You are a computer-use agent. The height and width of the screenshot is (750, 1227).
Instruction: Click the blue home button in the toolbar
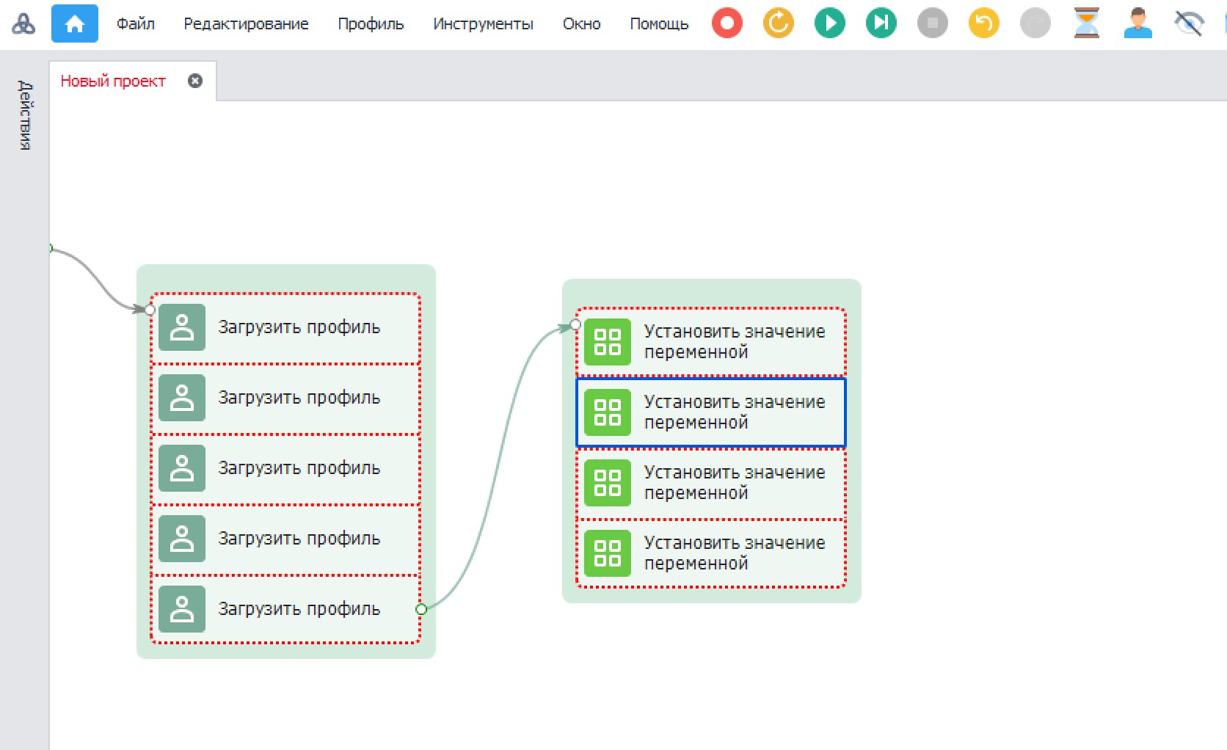(75, 23)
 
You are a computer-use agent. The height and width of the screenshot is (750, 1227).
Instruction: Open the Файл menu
(135, 24)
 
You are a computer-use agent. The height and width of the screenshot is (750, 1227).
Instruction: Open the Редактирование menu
(246, 24)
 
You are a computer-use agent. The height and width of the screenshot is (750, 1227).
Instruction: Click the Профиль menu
(371, 24)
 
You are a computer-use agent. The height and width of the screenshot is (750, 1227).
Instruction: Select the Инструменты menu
(483, 24)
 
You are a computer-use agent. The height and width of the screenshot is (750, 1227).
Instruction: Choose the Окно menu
(581, 24)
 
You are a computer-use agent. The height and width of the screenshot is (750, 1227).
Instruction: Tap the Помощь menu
(659, 24)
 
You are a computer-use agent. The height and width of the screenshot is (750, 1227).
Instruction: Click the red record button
(727, 23)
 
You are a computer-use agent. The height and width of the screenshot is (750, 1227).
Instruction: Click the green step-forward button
(881, 23)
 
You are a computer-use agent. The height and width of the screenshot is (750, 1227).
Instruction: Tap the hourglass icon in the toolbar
(1086, 23)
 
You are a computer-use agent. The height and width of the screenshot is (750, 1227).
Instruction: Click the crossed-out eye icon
(1189, 23)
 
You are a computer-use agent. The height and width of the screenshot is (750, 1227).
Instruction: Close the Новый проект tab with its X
(195, 81)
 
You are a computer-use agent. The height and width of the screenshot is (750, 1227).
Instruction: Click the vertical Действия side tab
(25, 115)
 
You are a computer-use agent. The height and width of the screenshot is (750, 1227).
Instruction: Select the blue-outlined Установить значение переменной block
(710, 412)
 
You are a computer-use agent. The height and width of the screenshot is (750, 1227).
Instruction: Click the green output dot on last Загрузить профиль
(420, 608)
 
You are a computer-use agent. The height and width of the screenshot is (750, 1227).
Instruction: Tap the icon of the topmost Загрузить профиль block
(182, 327)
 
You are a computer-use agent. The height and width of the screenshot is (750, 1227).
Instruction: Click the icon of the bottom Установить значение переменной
(608, 553)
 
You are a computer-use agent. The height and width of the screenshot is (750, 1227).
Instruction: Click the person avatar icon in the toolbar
(1137, 23)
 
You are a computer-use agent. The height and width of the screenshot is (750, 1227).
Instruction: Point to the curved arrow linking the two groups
(498, 466)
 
